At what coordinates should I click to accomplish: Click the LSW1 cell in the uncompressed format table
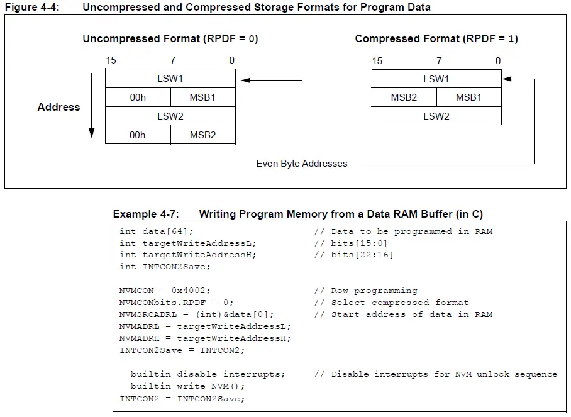point(170,79)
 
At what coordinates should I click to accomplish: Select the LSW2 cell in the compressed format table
point(436,116)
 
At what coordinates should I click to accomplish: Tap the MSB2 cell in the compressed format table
point(404,97)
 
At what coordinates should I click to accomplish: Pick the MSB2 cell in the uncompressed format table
point(202,135)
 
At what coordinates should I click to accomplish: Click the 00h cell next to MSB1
point(137,97)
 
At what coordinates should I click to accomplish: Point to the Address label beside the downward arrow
point(58,107)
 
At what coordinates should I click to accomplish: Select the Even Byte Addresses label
point(301,164)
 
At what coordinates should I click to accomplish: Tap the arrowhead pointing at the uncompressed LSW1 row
point(245,80)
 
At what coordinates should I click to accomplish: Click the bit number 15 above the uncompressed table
point(111,60)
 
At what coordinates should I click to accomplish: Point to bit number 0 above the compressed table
point(498,61)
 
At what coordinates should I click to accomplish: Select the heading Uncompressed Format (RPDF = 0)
point(170,38)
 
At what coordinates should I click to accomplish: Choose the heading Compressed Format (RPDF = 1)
point(436,38)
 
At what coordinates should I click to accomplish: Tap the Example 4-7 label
point(146,214)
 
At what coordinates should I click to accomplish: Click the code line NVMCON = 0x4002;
point(165,291)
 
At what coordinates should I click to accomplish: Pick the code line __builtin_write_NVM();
point(182,386)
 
